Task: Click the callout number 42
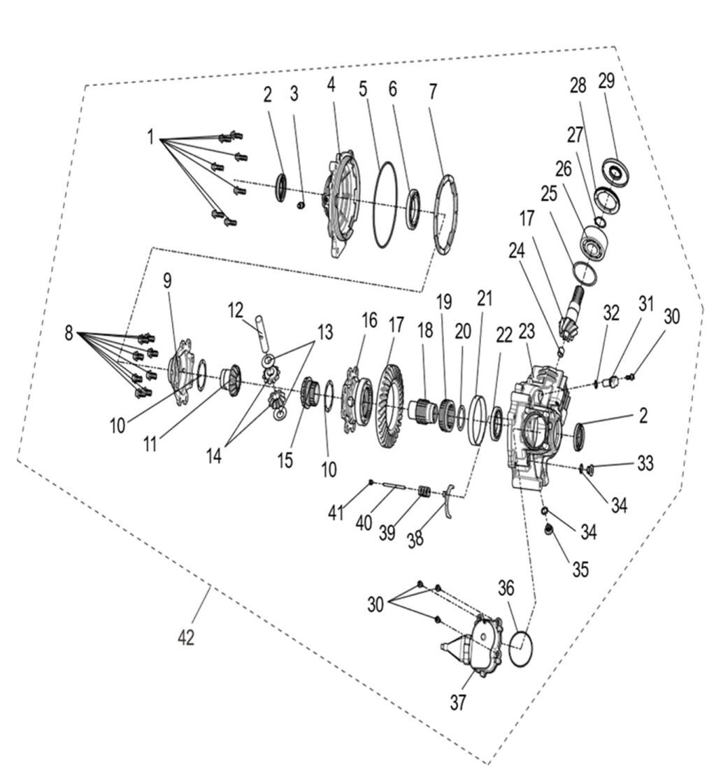[185, 637]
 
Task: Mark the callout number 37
[457, 702]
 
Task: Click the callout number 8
[69, 334]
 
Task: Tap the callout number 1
[150, 137]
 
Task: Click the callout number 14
[214, 455]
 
